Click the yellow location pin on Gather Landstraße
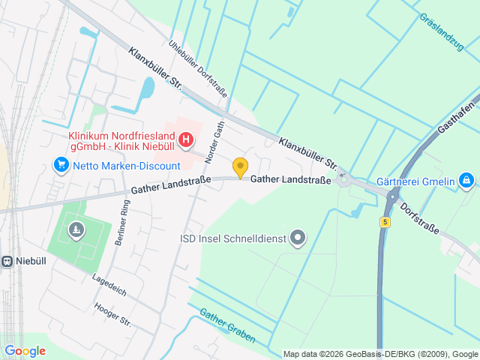[x=240, y=168]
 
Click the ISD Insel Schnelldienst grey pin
[x=298, y=239]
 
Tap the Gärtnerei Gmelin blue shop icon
[x=466, y=179]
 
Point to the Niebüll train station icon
[x=6, y=262]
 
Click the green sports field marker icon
[x=75, y=230]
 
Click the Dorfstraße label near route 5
[x=418, y=217]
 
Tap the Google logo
[x=24, y=351]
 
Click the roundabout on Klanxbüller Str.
[x=344, y=178]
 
